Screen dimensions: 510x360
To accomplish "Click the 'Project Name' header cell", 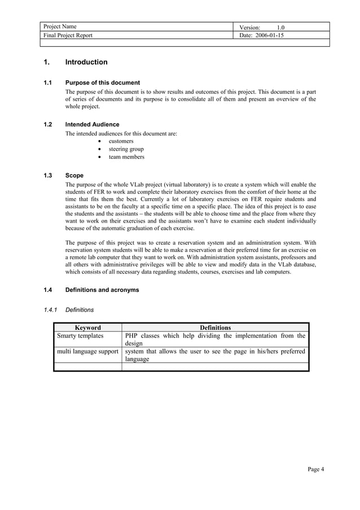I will (59, 27).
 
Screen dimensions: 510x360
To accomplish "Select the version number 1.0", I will (280, 27).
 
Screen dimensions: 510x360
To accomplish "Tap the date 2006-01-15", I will (269, 35).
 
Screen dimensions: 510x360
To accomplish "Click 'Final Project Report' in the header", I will (68, 35).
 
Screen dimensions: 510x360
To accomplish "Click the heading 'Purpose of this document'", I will (103, 82).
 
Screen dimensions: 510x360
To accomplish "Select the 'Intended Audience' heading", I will (92, 124).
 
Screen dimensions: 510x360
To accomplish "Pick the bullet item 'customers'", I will (121, 141).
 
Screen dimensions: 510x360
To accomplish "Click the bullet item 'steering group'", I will (126, 149).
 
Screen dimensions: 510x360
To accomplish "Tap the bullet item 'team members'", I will (126, 157).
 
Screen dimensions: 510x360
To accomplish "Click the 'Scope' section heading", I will (74, 176).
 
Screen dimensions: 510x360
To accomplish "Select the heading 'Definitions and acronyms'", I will (102, 290).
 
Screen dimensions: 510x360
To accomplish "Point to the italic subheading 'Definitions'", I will (80, 310).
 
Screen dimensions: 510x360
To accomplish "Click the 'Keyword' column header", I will (87, 328).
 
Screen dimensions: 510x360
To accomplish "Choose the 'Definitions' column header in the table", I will (215, 328).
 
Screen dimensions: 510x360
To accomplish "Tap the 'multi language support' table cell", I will (87, 351).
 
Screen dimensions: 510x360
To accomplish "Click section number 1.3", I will (48, 176).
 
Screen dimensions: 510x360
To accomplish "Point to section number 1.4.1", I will (51, 310).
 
